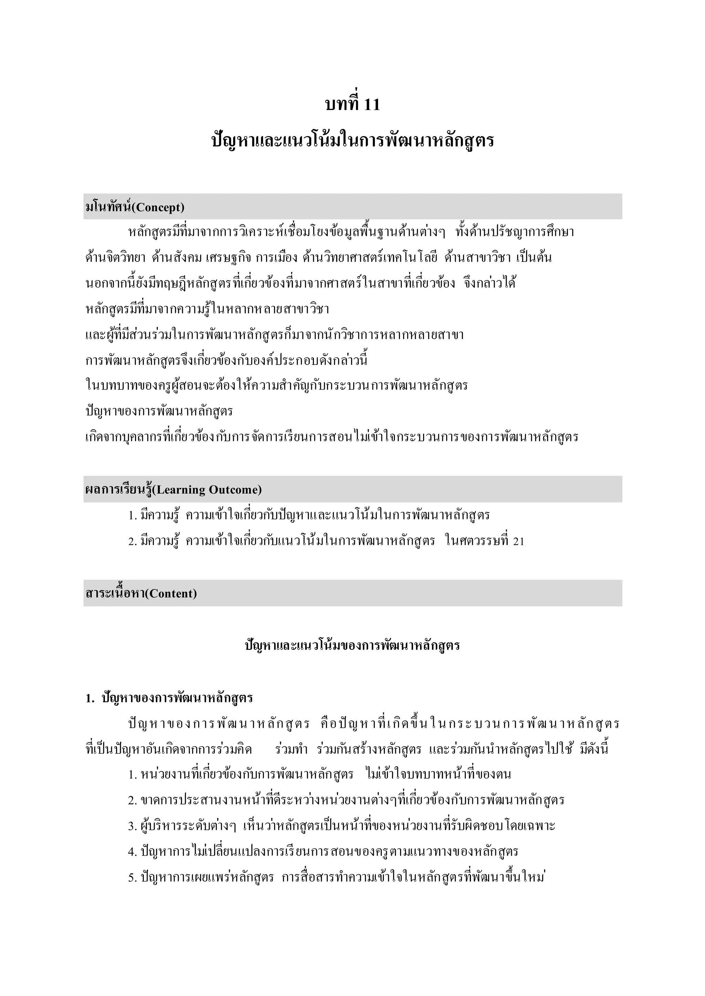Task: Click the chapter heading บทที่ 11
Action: tap(352, 105)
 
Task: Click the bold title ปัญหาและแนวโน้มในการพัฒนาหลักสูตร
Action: tap(352, 141)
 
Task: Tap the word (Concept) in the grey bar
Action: tap(158, 207)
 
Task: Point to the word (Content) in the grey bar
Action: tap(170, 593)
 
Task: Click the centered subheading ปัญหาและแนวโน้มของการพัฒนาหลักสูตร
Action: tap(352, 646)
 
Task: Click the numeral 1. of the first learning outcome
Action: tap(133, 516)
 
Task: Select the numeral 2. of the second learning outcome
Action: tap(133, 541)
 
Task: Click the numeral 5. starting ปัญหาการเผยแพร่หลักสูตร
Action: tap(133, 878)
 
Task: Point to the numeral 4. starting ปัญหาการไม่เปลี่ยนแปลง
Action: tap(133, 852)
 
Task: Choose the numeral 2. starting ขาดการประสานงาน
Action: tap(133, 800)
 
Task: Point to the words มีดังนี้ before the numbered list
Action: tap(594, 749)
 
